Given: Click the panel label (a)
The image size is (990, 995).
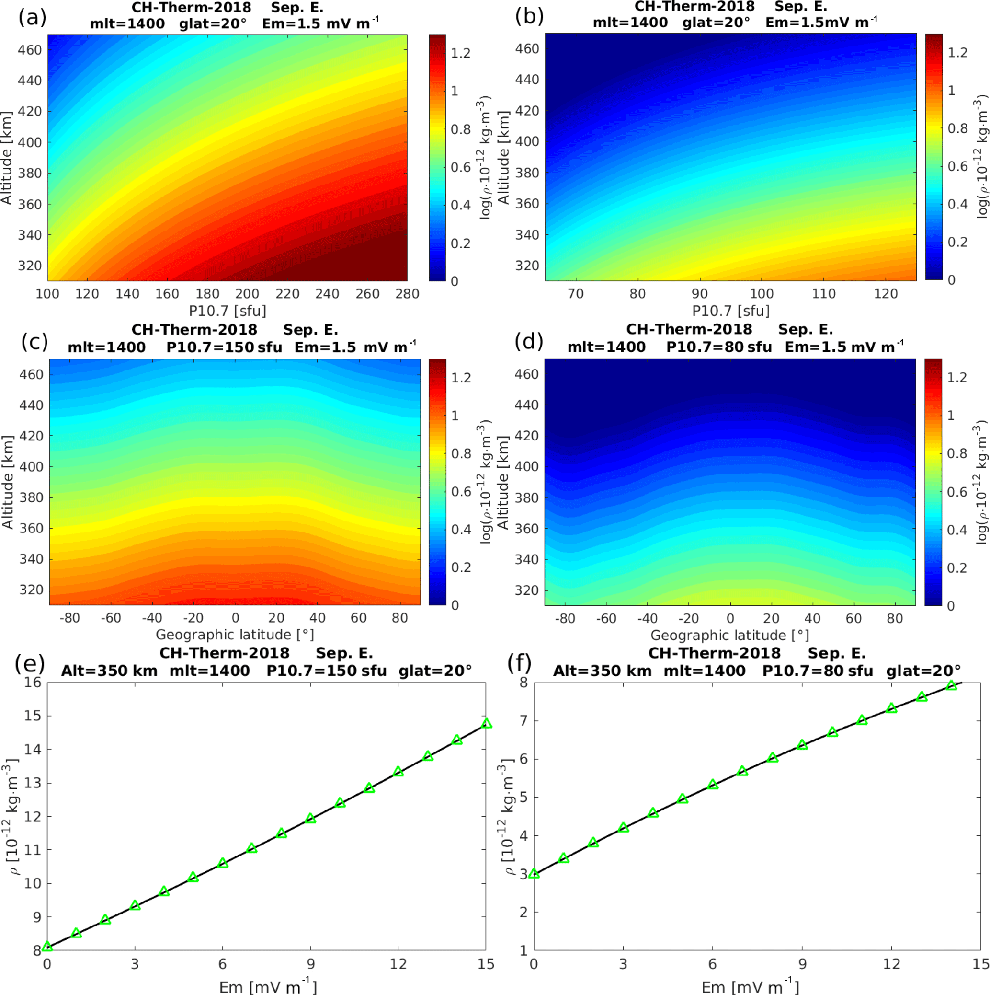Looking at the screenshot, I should tap(32, 18).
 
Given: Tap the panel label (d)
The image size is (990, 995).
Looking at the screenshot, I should tap(528, 341).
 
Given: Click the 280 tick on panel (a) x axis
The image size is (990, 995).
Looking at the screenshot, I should tap(407, 293).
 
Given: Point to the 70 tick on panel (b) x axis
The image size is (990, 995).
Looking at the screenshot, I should tap(575, 293).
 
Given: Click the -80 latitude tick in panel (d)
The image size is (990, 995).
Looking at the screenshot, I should tap(565, 618).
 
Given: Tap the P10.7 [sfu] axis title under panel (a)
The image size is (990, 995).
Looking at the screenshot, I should tap(228, 311).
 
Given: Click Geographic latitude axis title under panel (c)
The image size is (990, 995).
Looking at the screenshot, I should tap(235, 635).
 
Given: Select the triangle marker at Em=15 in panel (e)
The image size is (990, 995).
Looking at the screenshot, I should tap(486, 724).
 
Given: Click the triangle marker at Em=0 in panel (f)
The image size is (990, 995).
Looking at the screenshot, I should tap(534, 873).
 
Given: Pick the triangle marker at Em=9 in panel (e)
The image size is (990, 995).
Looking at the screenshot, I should tap(310, 818).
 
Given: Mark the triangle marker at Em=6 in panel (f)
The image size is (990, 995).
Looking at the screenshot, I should tap(713, 785).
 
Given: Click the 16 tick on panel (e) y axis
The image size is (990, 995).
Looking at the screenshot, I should tap(33, 683).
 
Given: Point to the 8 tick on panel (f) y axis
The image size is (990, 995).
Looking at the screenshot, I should tap(524, 683).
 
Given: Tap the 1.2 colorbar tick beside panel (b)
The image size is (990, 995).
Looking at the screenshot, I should tap(957, 53).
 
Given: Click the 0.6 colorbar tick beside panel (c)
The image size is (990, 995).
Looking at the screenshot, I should tap(461, 491).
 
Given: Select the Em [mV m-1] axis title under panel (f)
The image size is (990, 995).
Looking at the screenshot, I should tap(750, 986).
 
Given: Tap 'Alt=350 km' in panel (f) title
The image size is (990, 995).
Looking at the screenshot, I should tap(602, 671).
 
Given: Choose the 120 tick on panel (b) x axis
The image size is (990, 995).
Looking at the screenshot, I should tap(886, 293).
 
